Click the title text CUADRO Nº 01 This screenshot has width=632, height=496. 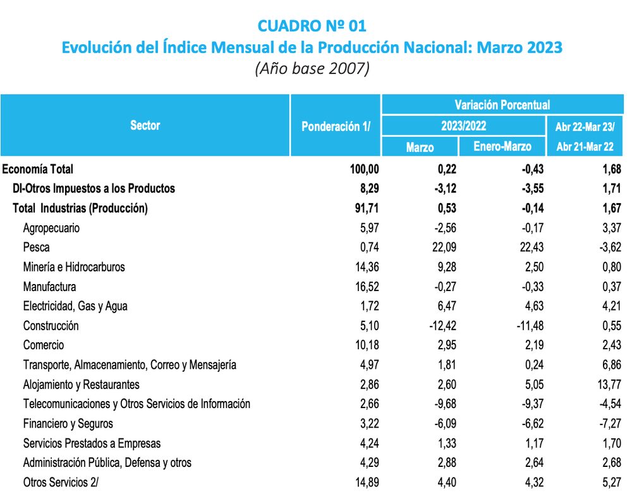click(x=312, y=25)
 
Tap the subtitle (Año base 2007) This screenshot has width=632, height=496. click(x=312, y=68)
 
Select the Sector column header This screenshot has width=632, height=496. click(x=145, y=125)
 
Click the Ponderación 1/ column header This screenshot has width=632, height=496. click(x=335, y=126)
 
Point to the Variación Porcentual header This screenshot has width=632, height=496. click(x=502, y=105)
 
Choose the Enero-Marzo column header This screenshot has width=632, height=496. click(x=502, y=147)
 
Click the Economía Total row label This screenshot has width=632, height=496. click(x=39, y=169)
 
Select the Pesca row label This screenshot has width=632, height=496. click(x=36, y=247)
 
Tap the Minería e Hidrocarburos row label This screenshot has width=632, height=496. click(x=74, y=267)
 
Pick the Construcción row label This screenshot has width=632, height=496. click(x=51, y=326)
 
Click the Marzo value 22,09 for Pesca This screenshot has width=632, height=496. click(x=442, y=247)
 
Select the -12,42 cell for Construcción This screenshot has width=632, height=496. click(x=440, y=326)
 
